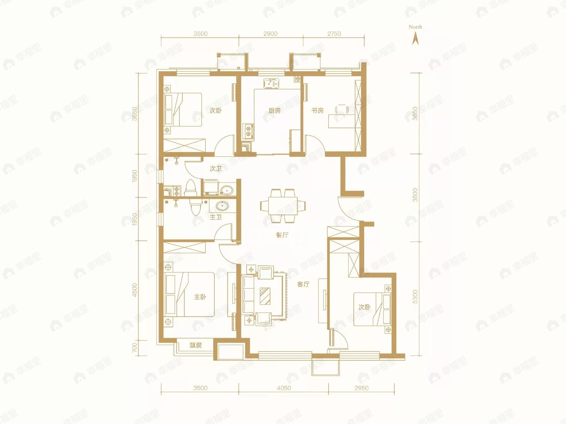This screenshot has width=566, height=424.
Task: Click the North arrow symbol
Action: click(x=415, y=38)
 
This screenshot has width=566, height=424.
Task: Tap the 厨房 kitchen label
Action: click(x=274, y=111)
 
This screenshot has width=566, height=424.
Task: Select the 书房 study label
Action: click(x=317, y=111)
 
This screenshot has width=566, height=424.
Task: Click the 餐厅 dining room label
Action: click(x=282, y=235)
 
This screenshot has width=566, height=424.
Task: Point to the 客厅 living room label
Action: click(x=303, y=284)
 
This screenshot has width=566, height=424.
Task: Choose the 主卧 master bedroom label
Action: click(x=200, y=297)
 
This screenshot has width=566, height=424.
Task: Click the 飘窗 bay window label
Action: click(x=196, y=345)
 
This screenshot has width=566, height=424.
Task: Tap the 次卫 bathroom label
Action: click(x=215, y=168)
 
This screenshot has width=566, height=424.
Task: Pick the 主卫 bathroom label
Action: click(x=215, y=217)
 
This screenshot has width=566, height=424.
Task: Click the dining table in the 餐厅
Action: click(x=283, y=206)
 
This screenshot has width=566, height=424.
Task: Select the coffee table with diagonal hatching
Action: click(x=265, y=296)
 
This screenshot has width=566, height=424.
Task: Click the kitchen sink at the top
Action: click(x=271, y=83)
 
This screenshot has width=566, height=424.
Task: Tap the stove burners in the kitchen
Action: click(x=248, y=131)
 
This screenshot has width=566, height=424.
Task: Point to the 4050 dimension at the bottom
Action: click(x=284, y=388)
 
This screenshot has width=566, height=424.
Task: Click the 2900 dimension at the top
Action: click(x=270, y=34)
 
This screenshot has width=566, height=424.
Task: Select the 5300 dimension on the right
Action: click(x=415, y=297)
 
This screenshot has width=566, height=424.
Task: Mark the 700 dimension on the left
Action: click(x=134, y=348)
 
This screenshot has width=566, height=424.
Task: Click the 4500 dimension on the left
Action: click(x=134, y=290)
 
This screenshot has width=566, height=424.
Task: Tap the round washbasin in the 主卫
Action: click(x=222, y=206)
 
